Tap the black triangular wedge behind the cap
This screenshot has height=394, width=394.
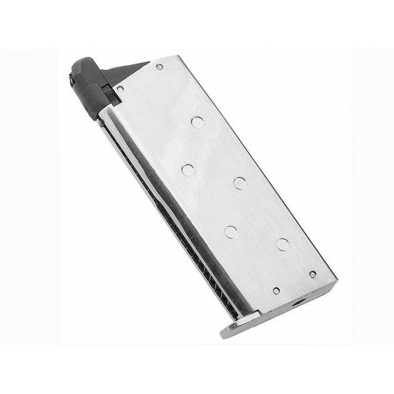click(123, 72)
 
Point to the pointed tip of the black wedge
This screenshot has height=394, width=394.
click(148, 63)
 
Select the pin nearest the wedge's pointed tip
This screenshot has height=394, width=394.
click(159, 67)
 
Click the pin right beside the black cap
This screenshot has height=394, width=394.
click(120, 89)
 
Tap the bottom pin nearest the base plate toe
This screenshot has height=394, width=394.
click(276, 290)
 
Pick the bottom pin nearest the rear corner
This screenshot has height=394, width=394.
click(313, 273)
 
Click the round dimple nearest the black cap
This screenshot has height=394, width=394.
click(198, 122)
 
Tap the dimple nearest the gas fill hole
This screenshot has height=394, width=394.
click(283, 244)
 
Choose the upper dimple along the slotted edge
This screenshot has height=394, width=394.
click(188, 170)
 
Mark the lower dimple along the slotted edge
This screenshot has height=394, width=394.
click(231, 232)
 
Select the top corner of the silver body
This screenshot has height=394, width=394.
click(173, 57)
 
